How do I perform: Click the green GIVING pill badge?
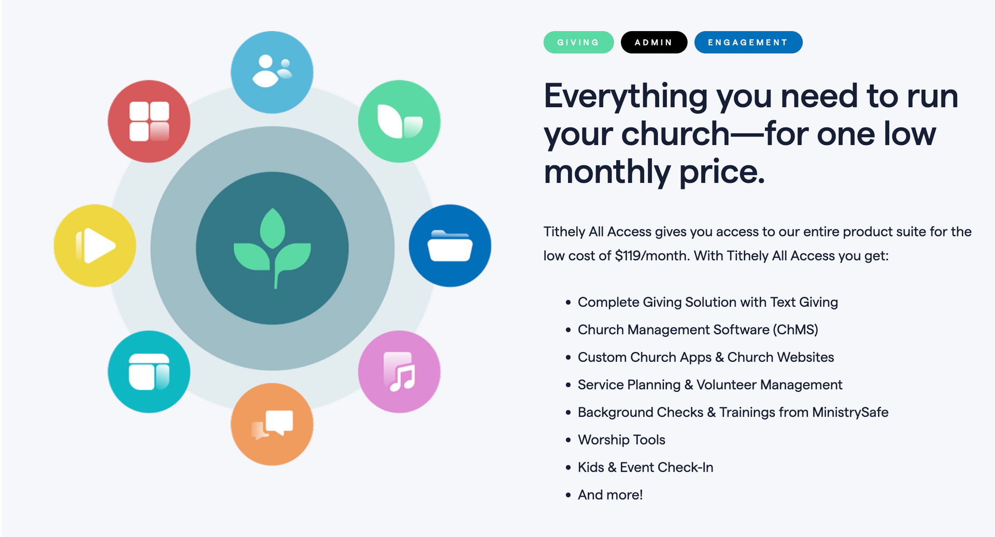578,43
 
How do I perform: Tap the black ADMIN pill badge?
654,43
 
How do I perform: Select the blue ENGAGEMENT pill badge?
748,43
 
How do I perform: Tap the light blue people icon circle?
272,72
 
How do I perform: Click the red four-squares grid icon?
149,121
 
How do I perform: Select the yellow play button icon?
95,246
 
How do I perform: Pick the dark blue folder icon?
450,246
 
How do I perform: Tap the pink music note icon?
399,372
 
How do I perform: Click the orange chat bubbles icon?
272,424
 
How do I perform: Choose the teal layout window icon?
149,372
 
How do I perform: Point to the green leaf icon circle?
399,121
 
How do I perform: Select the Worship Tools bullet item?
621,440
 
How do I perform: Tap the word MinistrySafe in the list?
850,413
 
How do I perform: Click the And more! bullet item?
610,495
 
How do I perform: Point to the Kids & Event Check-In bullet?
645,468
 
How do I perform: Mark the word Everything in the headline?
626,96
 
